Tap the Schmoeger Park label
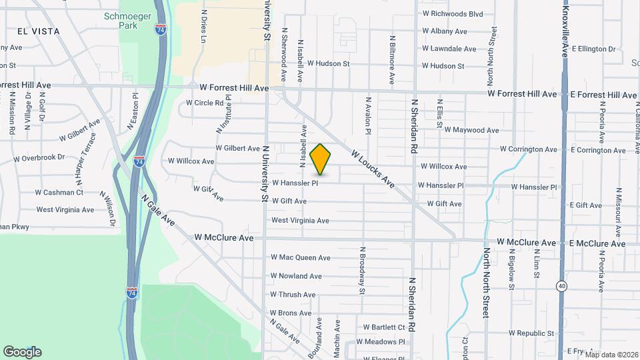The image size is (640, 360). (120, 21)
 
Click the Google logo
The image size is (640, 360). (22, 352)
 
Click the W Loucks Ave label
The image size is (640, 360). (371, 169)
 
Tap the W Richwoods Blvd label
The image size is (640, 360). (452, 13)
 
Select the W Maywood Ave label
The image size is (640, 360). (471, 130)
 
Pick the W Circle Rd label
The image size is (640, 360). (199, 103)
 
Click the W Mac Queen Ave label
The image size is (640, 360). (300, 257)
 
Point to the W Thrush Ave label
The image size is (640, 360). (293, 294)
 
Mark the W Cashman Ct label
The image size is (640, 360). (60, 192)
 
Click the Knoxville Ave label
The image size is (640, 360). (565, 31)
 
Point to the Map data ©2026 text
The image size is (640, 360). (608, 354)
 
